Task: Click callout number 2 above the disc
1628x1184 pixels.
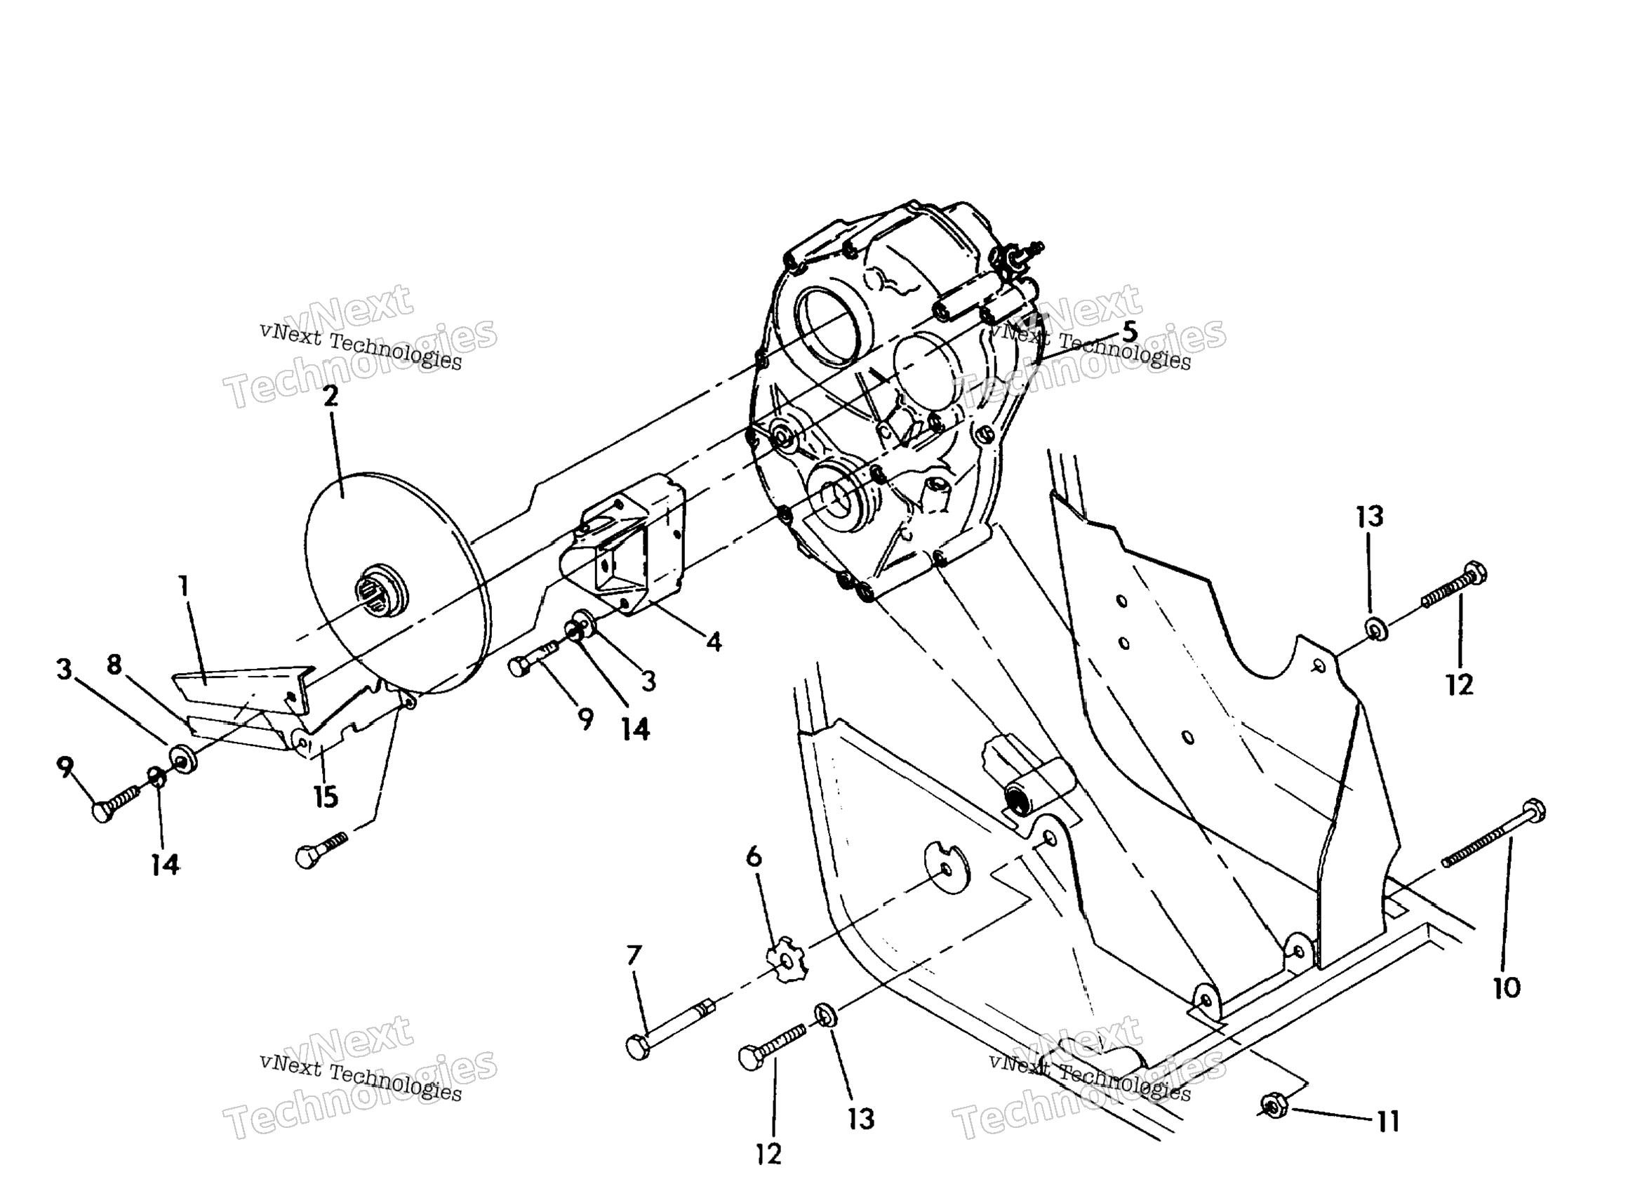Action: tap(331, 397)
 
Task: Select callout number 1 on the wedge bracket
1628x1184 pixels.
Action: tap(185, 587)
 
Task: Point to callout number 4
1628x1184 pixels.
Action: tap(714, 642)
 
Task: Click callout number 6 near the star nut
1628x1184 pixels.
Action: tap(754, 856)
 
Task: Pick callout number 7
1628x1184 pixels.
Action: tap(634, 956)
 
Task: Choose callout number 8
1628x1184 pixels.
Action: tap(114, 665)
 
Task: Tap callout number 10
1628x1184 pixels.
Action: tap(1506, 989)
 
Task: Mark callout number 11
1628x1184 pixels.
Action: tap(1388, 1122)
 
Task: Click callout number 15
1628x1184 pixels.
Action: tap(326, 797)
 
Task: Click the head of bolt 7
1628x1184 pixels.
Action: tap(637, 1047)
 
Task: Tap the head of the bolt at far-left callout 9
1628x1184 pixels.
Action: tap(102, 812)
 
